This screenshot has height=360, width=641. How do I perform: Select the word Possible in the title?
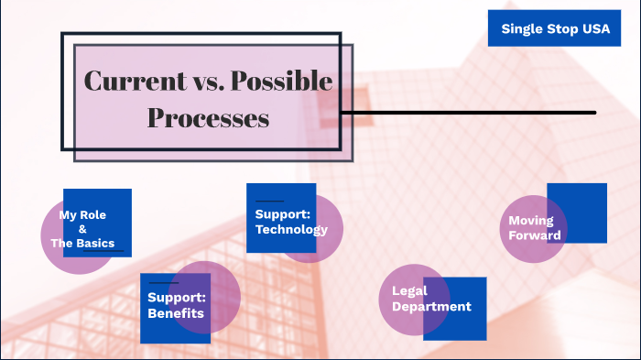281,81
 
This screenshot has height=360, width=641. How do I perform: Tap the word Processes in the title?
208,118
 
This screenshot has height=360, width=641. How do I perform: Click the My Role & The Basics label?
82,229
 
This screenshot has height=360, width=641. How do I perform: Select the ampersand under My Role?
82,229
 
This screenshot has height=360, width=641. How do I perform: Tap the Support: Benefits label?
176,306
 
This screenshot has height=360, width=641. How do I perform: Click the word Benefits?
176,313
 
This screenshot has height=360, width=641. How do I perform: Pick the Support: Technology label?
291,222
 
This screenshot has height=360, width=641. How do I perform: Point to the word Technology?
291,229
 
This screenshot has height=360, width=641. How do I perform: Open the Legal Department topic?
431,299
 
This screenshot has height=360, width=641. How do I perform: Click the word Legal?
409,291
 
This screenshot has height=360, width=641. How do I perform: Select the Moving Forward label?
535,228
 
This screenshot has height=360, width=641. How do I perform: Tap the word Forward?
535,235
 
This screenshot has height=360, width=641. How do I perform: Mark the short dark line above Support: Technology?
269,201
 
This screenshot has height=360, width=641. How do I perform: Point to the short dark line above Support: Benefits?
162,283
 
